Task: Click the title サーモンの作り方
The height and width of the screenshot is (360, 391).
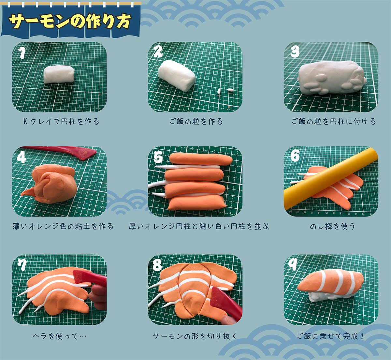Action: pos(70,22)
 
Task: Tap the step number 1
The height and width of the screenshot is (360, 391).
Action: pos(22,53)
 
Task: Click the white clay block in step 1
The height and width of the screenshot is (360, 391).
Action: pos(59,74)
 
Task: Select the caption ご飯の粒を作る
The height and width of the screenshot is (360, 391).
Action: pos(196,122)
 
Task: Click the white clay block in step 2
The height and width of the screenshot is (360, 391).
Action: pos(177,75)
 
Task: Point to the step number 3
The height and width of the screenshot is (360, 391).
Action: pos(295,52)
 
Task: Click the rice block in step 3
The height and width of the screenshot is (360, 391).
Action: pos(331,78)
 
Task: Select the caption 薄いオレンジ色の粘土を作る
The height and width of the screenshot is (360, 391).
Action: pos(63,226)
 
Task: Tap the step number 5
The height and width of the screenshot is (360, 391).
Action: pos(158,157)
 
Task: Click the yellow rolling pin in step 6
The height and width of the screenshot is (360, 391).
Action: pos(331,179)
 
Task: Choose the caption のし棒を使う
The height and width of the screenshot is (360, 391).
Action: pos(333,226)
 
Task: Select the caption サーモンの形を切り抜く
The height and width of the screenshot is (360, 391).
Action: pos(195,336)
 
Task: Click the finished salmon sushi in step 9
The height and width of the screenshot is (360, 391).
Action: pos(331,285)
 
